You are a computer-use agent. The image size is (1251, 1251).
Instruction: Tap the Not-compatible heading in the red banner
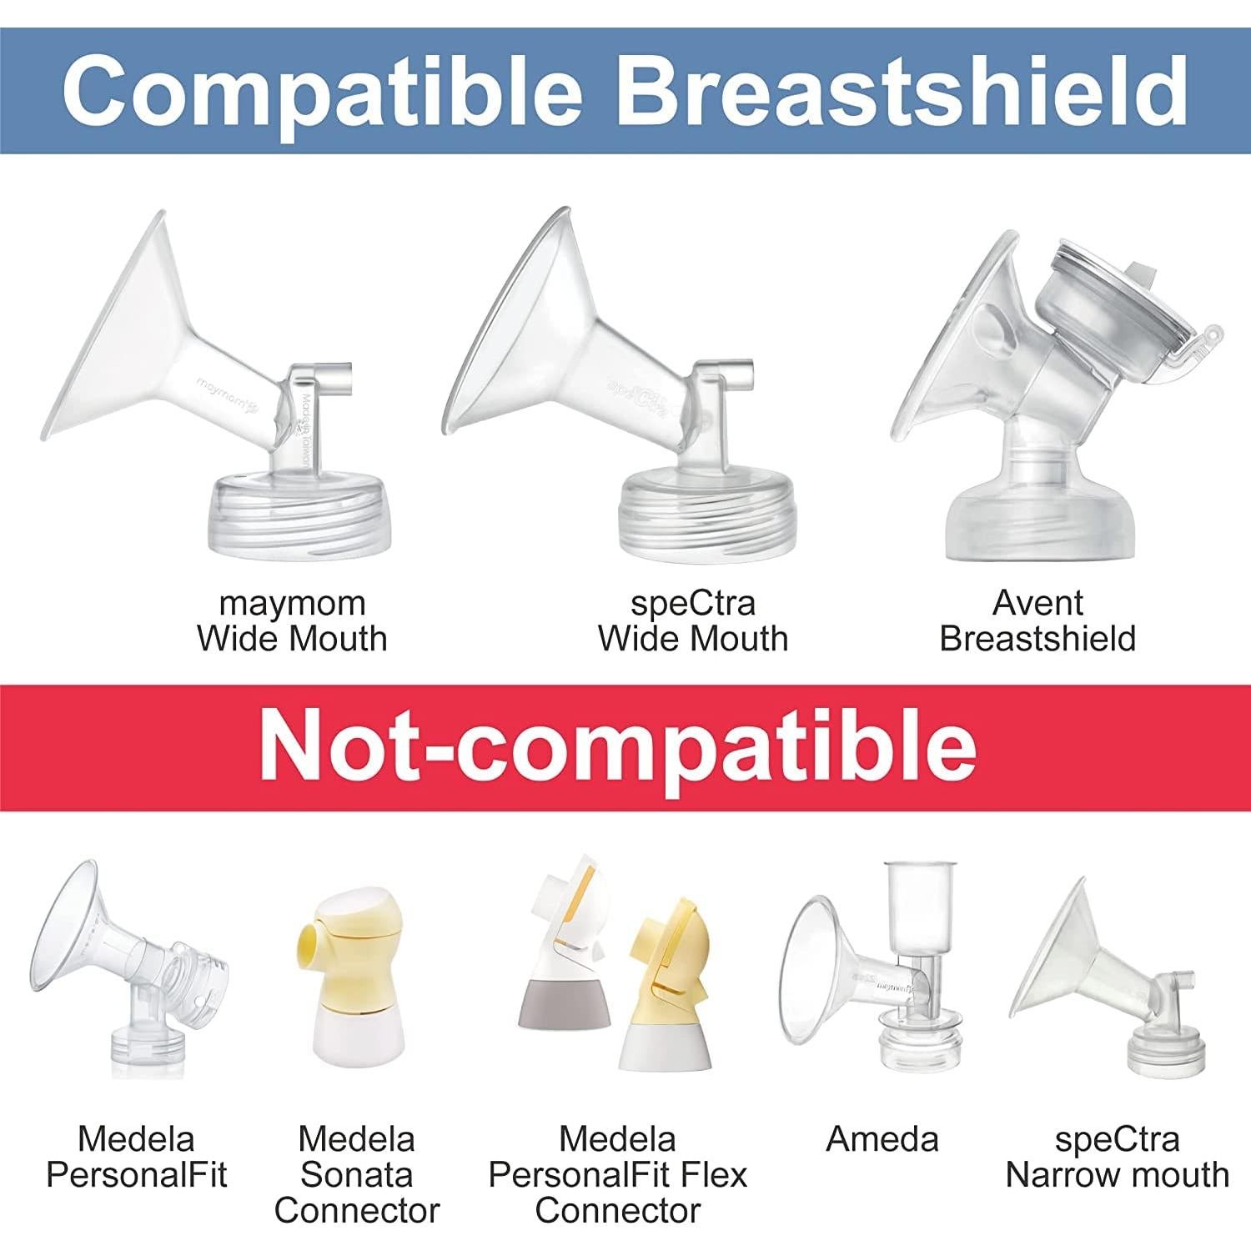[617, 745]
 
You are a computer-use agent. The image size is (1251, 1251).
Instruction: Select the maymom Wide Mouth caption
[292, 620]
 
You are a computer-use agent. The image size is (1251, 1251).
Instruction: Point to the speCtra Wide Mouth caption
[693, 620]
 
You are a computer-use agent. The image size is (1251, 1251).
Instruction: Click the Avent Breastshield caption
[1037, 620]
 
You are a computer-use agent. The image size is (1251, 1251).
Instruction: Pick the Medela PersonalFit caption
[137, 1157]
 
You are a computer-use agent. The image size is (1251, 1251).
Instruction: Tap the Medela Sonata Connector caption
[357, 1174]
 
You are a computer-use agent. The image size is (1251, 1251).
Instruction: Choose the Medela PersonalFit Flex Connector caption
[618, 1174]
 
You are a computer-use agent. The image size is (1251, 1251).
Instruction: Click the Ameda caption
[882, 1139]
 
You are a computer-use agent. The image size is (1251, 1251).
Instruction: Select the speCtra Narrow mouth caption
[1118, 1157]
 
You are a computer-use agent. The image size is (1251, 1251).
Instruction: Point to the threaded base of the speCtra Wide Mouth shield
[687, 513]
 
